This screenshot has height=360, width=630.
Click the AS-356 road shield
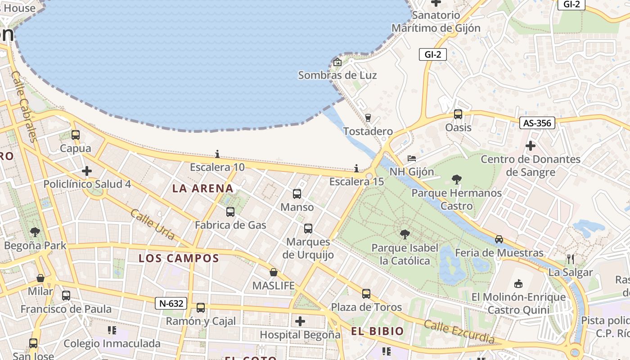(537, 123)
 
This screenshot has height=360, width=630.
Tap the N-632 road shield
(171, 303)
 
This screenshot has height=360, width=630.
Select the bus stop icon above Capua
(76, 135)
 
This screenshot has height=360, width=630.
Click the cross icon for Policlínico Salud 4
(87, 171)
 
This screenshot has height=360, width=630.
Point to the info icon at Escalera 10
(217, 154)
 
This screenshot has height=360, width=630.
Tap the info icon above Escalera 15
(356, 168)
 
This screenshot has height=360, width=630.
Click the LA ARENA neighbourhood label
(203, 189)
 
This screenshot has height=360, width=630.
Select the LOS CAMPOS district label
(179, 258)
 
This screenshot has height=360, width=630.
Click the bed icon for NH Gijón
(412, 158)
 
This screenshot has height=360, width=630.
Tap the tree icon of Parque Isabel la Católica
(405, 234)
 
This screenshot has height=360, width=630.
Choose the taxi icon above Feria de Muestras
(499, 239)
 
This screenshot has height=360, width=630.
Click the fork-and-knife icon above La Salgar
(571, 259)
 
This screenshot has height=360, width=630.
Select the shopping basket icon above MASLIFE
(273, 272)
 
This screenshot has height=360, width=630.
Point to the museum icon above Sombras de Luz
(337, 62)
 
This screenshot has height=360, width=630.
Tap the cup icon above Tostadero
(368, 118)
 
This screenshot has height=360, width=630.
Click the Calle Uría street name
(152, 225)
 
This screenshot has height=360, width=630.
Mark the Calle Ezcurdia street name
(459, 332)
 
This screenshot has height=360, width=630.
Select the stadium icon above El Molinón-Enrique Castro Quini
(518, 283)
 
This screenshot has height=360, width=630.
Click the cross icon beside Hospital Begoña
(300, 321)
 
